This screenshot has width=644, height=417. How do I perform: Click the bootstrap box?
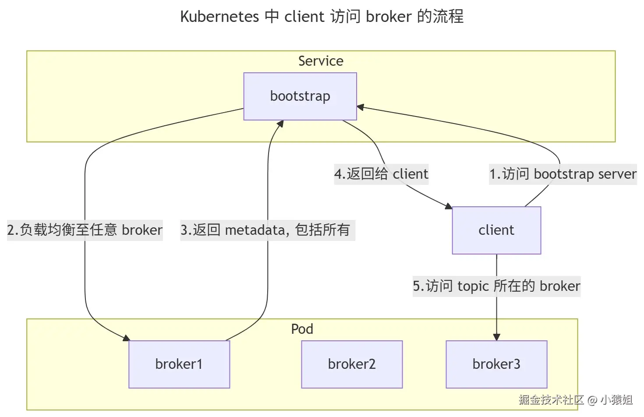click(300, 96)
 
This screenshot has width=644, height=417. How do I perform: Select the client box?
click(496, 230)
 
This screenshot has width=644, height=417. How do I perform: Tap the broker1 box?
click(179, 364)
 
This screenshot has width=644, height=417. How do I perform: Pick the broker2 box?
click(352, 364)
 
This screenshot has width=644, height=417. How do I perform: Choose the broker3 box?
click(496, 364)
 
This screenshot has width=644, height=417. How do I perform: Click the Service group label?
click(321, 61)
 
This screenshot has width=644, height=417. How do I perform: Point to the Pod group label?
click(302, 329)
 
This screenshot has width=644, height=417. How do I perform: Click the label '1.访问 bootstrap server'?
click(563, 174)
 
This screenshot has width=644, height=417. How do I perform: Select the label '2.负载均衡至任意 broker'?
click(85, 230)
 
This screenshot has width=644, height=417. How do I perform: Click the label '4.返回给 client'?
click(381, 174)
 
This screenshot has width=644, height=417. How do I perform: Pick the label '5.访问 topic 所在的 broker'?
click(496, 286)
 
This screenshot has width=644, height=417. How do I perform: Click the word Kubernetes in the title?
click(219, 17)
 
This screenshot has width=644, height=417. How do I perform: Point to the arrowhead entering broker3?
click(496, 337)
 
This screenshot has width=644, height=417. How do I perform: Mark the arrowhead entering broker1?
click(126, 338)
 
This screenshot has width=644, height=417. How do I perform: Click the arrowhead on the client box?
click(449, 206)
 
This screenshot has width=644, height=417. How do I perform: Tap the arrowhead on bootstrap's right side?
click(361, 107)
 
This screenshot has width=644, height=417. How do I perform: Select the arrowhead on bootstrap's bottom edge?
click(280, 124)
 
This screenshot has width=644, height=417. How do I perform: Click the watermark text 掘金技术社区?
click(551, 399)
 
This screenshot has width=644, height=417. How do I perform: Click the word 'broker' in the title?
click(389, 17)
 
